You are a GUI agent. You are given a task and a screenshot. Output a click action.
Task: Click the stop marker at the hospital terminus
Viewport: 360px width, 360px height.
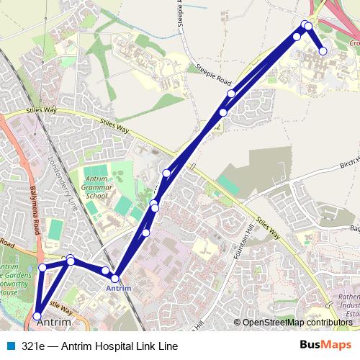click(x=323, y=51)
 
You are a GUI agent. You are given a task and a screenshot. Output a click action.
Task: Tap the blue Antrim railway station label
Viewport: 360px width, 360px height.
click(x=118, y=288)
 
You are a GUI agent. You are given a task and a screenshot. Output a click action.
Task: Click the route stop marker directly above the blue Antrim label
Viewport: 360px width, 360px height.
click(x=115, y=278)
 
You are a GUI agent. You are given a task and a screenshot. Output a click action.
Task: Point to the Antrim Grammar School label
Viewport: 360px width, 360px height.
click(x=96, y=186)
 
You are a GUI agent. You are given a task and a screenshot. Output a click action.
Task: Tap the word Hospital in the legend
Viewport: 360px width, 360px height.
click(x=117, y=346)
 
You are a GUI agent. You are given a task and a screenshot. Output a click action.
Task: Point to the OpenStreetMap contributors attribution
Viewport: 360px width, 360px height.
click(x=297, y=323)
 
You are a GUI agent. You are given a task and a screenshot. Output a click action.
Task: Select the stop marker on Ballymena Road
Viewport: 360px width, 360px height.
click(x=42, y=267)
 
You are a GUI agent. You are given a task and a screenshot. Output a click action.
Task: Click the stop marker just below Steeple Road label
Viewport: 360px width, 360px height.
click(x=231, y=94)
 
